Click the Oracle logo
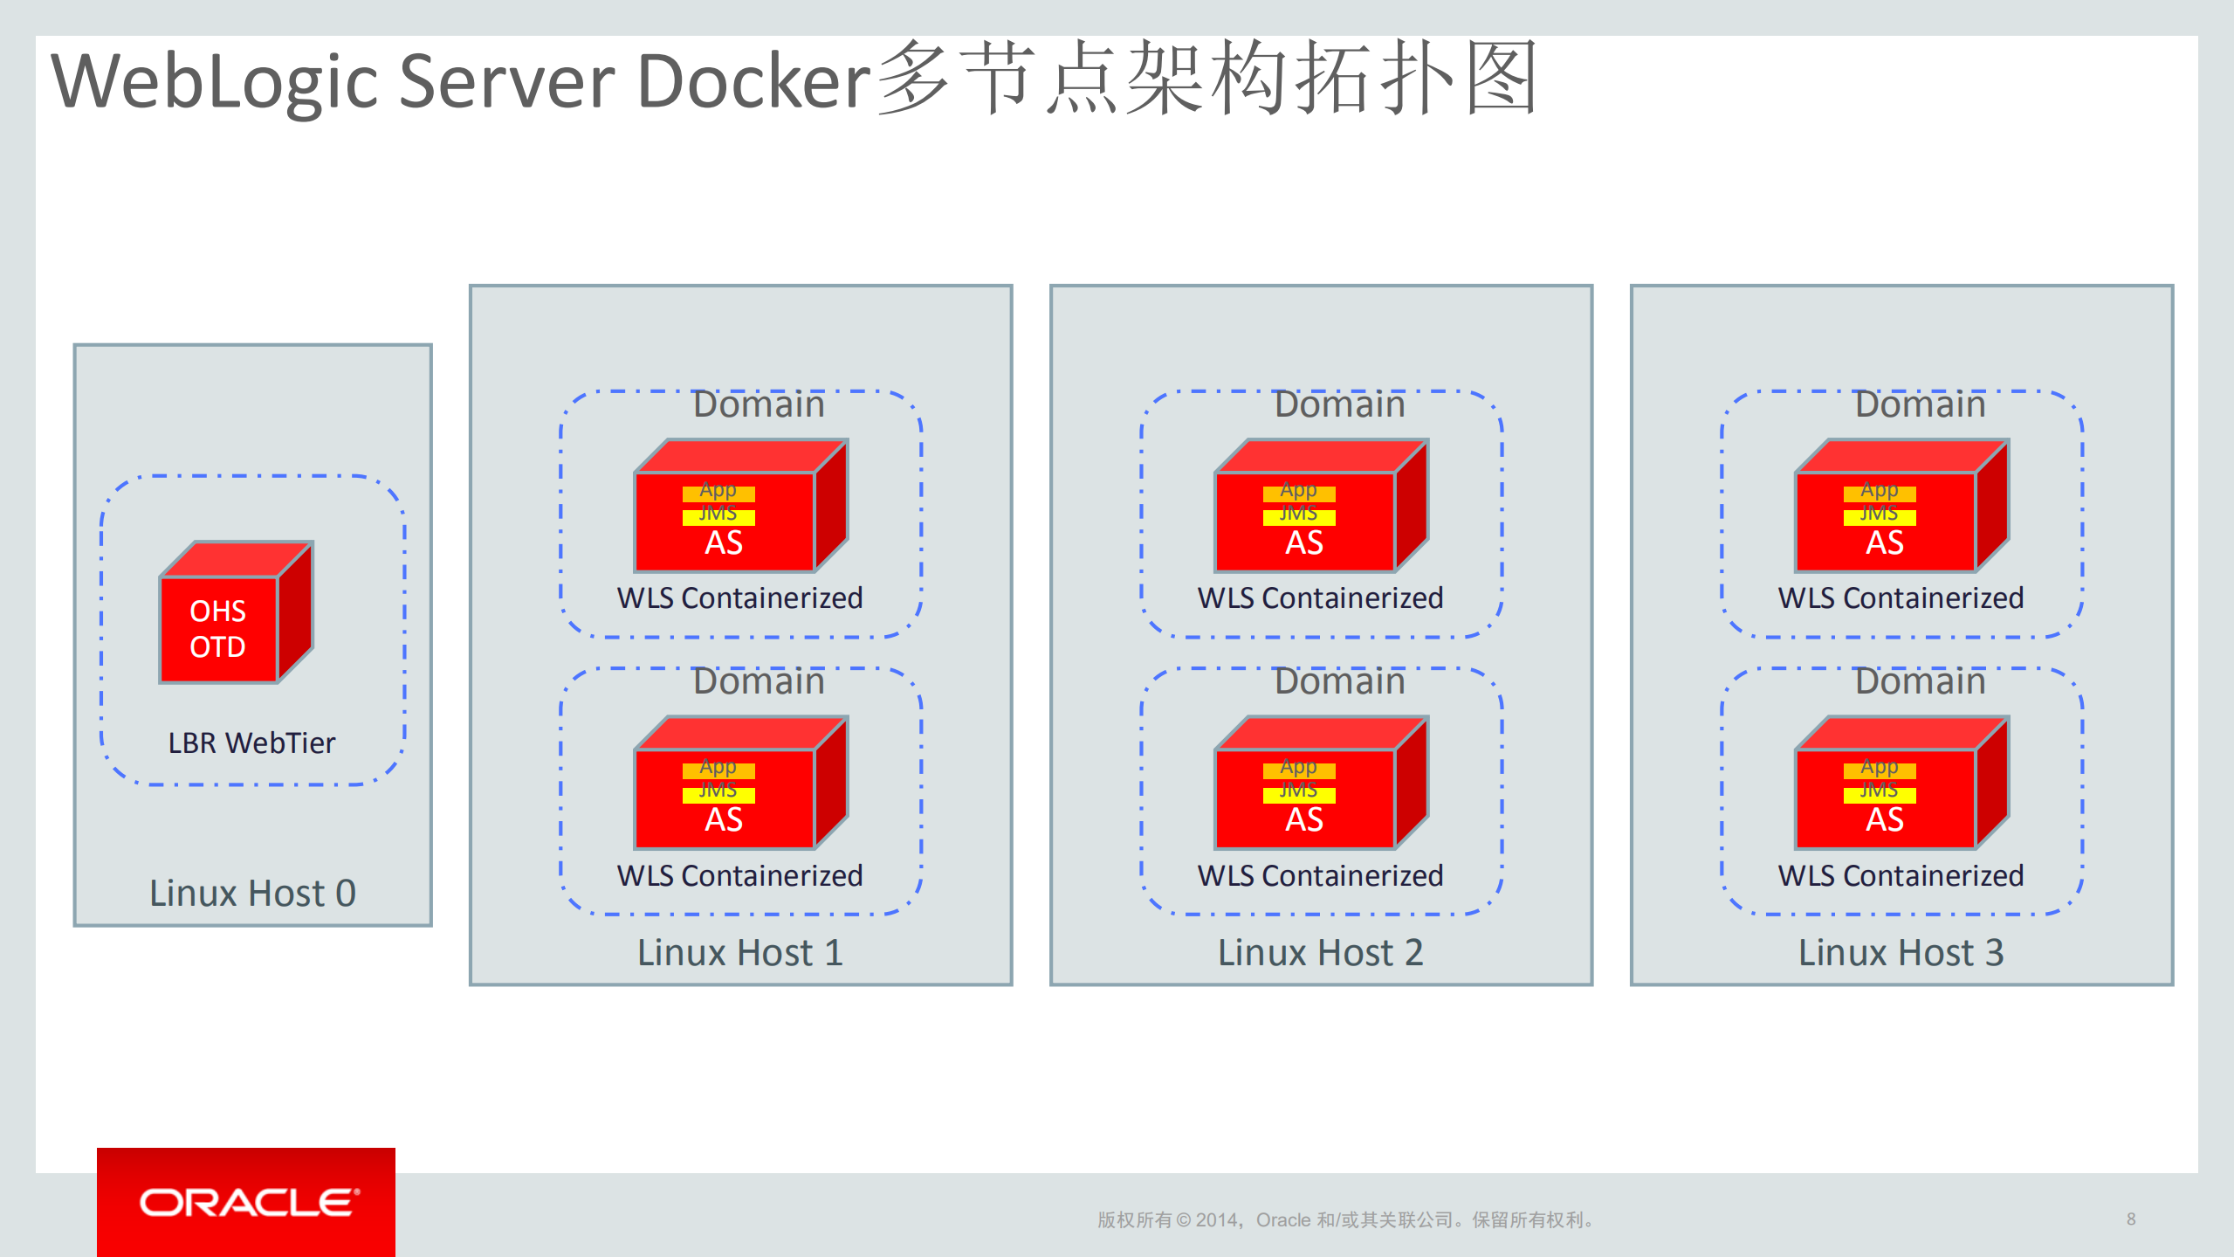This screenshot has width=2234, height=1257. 247,1203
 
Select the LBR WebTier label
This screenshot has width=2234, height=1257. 251,743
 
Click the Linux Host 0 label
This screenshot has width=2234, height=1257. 252,894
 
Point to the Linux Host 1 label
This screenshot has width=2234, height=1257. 740,953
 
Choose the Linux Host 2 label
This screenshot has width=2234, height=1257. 1320,953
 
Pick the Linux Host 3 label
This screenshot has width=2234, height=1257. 1901,953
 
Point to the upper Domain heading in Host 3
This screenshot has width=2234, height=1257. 1920,404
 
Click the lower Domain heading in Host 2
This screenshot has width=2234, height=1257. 1339,681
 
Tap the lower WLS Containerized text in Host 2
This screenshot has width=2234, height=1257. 1320,875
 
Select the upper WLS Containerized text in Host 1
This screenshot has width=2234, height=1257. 739,598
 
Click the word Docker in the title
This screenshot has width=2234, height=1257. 753,81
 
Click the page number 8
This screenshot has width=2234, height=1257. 2131,1219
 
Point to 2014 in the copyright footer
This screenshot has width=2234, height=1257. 1218,1220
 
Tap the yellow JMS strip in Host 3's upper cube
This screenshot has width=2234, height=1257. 1880,516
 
